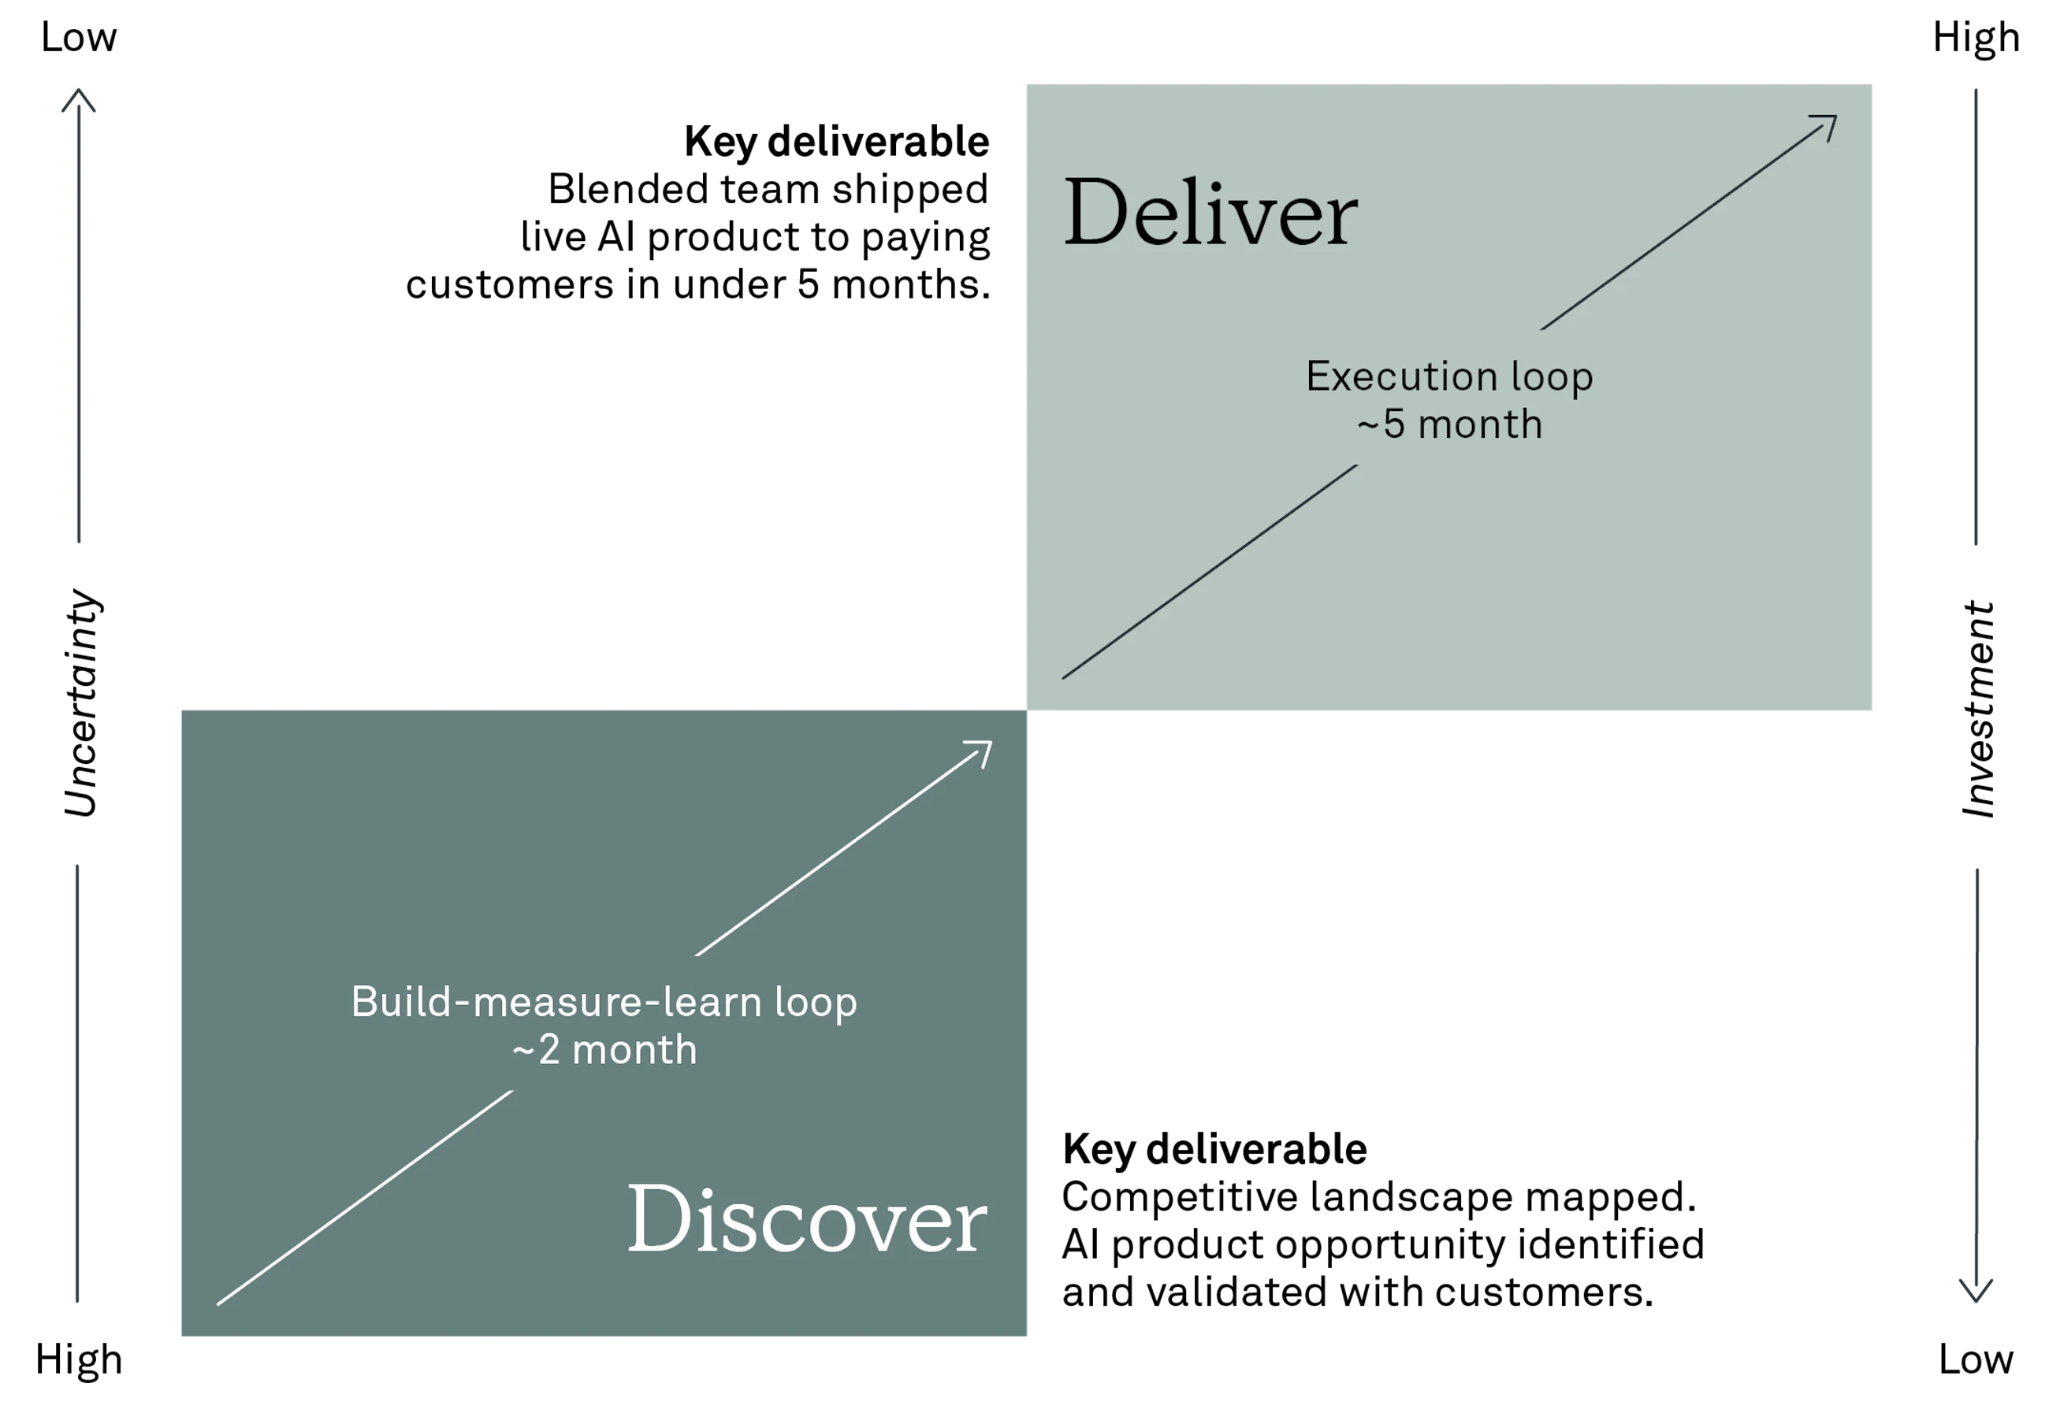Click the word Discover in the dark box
(x=806, y=1218)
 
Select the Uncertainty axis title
(x=82, y=703)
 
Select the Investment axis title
(x=1978, y=709)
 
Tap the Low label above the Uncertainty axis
(x=78, y=37)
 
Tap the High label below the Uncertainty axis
(x=78, y=1359)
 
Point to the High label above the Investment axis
(x=1976, y=37)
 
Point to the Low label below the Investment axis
(x=1976, y=1359)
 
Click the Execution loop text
(x=1449, y=376)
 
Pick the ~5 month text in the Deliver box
(x=1449, y=425)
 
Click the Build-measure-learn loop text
(x=604, y=1002)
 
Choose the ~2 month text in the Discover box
(x=604, y=1050)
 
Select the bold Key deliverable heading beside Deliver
(x=837, y=142)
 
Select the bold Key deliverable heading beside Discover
(x=1214, y=1150)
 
